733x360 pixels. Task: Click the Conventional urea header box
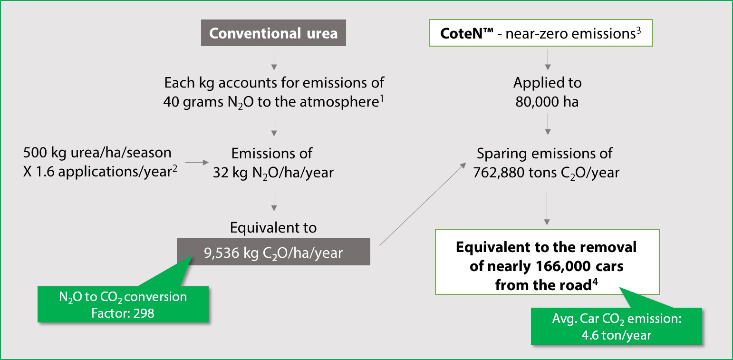coord(273,33)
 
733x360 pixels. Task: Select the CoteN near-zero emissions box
coord(540,33)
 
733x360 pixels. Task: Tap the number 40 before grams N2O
coord(171,102)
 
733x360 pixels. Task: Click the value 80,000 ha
coord(547,102)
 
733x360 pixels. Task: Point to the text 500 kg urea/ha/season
coord(97,153)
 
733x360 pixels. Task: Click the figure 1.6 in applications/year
coord(45,172)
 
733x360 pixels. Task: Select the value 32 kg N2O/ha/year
coord(273,173)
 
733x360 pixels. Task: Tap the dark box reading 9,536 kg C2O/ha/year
coord(273,252)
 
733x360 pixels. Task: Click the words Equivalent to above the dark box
coord(273,227)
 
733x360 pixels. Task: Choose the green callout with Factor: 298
coord(123,304)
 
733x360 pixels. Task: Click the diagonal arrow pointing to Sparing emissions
coord(423,204)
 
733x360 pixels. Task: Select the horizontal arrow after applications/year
coord(197,162)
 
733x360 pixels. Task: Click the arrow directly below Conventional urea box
coord(274,59)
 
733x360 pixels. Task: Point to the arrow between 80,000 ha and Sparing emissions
coord(548,125)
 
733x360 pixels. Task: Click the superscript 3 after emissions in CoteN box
coord(638,30)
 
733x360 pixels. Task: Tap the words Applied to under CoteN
coord(548,83)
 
